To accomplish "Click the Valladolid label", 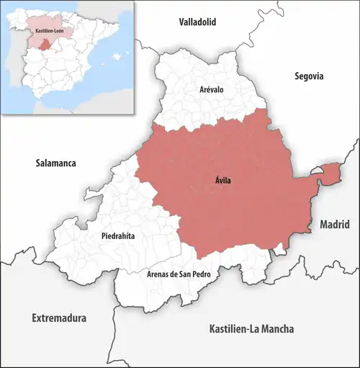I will [197, 22].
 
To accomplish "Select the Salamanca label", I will [55, 163].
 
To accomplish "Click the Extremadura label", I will [59, 318].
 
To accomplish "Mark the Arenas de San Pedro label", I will [177, 274].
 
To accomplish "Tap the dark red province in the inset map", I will [47, 45].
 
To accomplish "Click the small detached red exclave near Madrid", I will [329, 172].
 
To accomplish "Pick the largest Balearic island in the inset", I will [120, 55].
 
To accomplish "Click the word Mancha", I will [275, 329].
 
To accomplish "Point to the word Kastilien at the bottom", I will [227, 329].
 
